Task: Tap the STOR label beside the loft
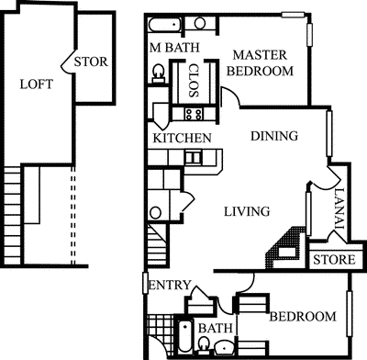[x=92, y=62]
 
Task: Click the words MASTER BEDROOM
[x=261, y=62]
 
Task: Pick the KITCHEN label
[x=183, y=138]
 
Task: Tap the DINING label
[x=274, y=137]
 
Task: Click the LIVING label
[x=247, y=211]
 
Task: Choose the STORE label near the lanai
[x=334, y=260]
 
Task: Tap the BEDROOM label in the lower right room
[x=302, y=317]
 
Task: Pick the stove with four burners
[x=194, y=114]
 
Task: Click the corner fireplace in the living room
[x=287, y=244]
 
